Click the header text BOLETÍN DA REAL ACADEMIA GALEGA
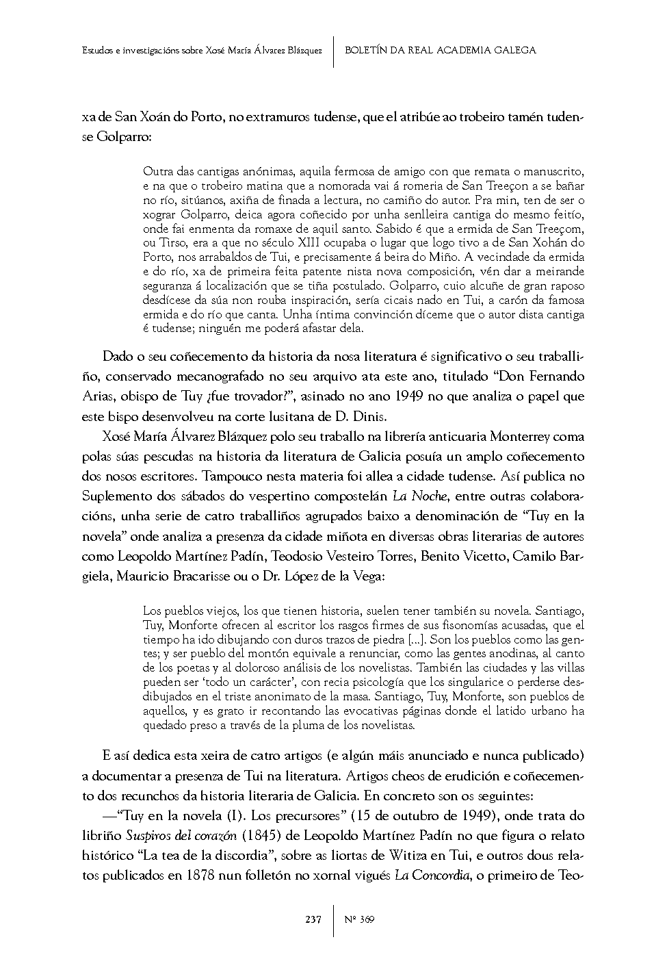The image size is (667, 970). tap(440, 50)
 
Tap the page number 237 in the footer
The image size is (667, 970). tap(313, 919)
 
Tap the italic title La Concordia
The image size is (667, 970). tap(431, 877)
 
